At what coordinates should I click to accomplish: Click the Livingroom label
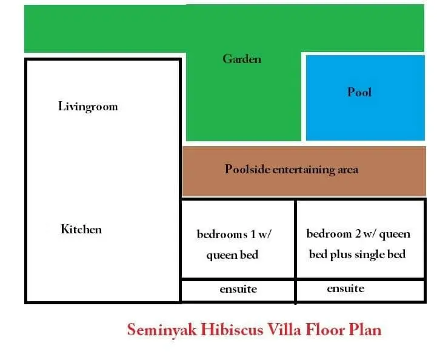[88, 107]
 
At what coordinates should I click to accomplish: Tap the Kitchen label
[81, 229]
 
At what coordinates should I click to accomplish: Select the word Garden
[242, 59]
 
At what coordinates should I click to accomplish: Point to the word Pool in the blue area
[359, 92]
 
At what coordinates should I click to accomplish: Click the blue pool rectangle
[365, 98]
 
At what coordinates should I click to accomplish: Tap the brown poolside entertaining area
[304, 171]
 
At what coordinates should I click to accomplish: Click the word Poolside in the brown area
[247, 169]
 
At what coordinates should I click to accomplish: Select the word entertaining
[304, 170]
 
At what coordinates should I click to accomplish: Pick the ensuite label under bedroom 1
[238, 289]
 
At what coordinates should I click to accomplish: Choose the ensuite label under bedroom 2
[345, 288]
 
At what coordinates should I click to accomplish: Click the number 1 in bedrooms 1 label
[253, 234]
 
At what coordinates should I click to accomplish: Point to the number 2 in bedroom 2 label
[358, 233]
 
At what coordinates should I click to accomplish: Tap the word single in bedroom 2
[369, 255]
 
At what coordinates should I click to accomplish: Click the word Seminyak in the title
[162, 330]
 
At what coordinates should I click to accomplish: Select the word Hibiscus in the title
[232, 330]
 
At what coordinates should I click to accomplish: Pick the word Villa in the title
[284, 330]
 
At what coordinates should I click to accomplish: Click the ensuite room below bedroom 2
[360, 290]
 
